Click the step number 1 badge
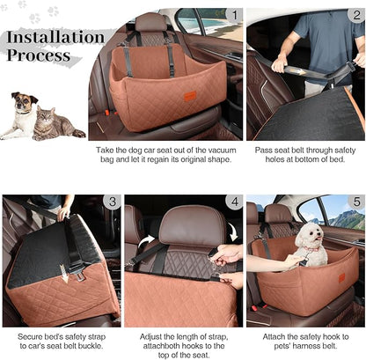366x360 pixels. tap(233, 15)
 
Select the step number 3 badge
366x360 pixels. tap(112, 202)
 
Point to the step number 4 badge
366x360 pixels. tap(232, 202)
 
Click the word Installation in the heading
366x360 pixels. tap(55, 38)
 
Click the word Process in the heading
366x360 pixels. tap(39, 55)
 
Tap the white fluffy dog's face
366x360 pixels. tap(309, 236)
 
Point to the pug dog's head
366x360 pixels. tap(25, 103)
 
